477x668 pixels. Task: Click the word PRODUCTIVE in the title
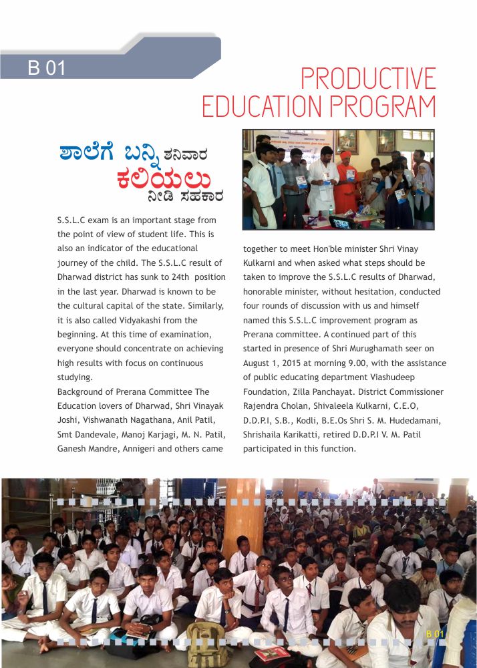[x=368, y=79]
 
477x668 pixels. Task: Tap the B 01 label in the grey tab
[x=46, y=67]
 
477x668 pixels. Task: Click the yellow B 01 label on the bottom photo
[x=435, y=633]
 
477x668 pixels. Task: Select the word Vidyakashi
[x=124, y=321]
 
